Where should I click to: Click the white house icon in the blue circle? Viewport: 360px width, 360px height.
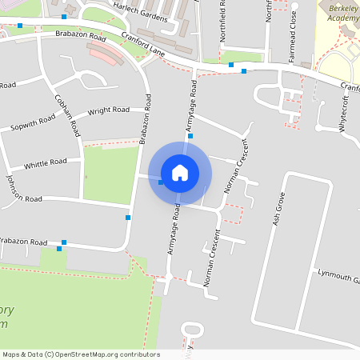[180, 173]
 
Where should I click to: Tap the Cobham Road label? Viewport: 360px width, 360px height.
[67, 114]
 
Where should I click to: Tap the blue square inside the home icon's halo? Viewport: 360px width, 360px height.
[161, 182]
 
